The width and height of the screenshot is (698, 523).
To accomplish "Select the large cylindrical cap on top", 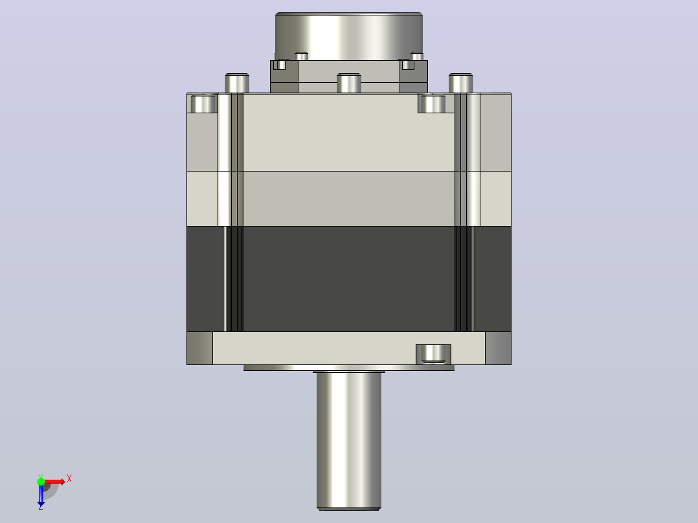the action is (x=349, y=36).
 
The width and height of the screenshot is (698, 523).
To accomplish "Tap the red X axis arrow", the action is (x=54, y=482).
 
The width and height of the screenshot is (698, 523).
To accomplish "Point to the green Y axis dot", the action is (x=41, y=481).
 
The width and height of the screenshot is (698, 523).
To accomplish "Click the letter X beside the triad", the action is (x=69, y=479).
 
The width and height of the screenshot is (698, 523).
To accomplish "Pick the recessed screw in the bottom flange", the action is (x=433, y=354).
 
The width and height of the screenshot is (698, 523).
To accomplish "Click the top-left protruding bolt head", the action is (x=237, y=83).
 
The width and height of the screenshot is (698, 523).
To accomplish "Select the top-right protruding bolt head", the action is (x=460, y=83).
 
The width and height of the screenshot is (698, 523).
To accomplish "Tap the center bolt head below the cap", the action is (x=348, y=83).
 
